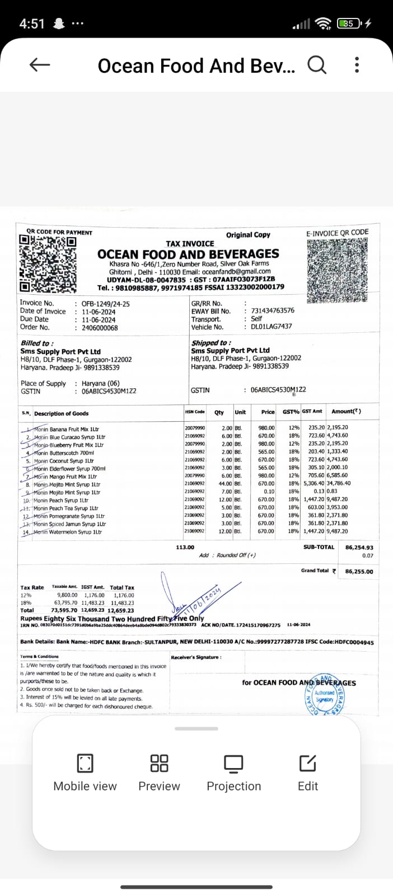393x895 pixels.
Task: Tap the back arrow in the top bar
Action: (x=39, y=65)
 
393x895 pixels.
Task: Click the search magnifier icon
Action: (x=317, y=65)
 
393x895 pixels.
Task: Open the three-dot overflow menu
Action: (x=357, y=65)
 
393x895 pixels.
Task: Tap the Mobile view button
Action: (x=85, y=772)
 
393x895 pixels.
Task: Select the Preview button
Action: (x=160, y=772)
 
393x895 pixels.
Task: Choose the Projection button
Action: (x=233, y=772)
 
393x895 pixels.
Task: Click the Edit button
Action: (x=308, y=772)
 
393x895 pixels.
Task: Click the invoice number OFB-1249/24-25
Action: (x=106, y=304)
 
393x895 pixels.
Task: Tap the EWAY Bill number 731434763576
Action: (x=273, y=310)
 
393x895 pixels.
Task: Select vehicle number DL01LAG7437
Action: (x=272, y=326)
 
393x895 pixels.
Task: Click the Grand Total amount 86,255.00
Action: (x=359, y=571)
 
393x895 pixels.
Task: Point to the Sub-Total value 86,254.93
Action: (x=359, y=548)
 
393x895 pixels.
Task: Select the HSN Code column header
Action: (x=195, y=412)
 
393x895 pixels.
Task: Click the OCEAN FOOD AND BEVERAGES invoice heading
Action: (x=188, y=254)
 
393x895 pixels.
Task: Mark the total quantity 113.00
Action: (x=185, y=547)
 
